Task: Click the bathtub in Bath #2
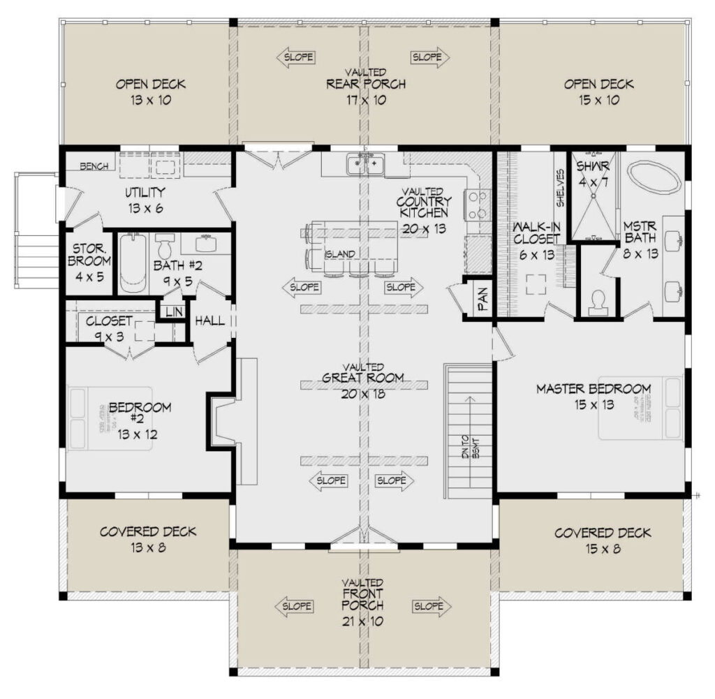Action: (132, 265)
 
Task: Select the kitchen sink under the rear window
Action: (365, 165)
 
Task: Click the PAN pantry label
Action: (482, 300)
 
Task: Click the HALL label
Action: (209, 321)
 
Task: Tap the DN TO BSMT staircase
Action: (469, 429)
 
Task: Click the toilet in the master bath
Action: (598, 302)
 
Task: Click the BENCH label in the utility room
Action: (94, 166)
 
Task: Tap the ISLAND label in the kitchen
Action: (340, 254)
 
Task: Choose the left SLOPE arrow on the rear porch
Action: (295, 57)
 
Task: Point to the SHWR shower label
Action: (593, 165)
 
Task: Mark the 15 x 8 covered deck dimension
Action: (588, 549)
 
